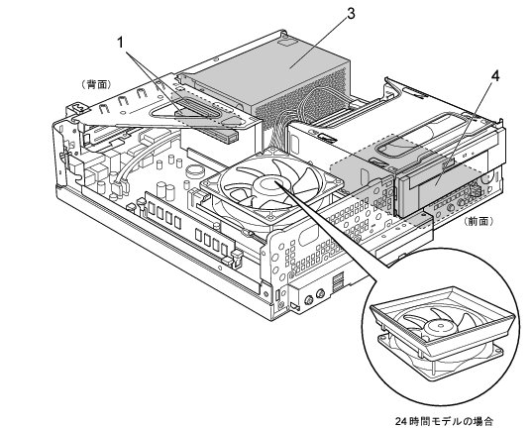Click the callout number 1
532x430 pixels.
click(121, 43)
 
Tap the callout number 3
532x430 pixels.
click(351, 14)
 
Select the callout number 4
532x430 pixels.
click(495, 76)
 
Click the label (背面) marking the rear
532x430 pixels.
click(96, 84)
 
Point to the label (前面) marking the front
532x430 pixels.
click(479, 221)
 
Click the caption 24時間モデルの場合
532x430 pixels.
click(444, 421)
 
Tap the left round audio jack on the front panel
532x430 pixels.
click(308, 299)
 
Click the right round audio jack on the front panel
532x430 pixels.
click(320, 293)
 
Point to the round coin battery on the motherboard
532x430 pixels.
click(194, 170)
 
